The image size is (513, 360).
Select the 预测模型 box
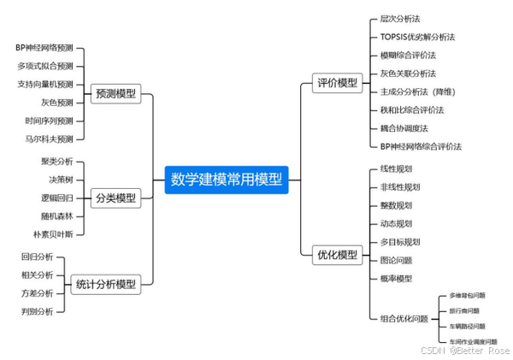116,94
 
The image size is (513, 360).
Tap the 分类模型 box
116,198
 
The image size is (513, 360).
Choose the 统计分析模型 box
106,284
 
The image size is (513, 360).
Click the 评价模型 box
337,83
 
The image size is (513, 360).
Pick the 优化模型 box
337,254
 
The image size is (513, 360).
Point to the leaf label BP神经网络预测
44,48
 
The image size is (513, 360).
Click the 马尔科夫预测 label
50,139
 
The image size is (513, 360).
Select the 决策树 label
61,179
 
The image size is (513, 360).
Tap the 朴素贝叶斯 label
53,233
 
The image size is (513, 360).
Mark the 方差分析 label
37,292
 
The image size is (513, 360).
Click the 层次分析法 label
400,18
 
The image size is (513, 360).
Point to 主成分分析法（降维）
416,91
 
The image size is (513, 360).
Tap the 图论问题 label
397,260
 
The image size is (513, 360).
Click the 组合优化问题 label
404,318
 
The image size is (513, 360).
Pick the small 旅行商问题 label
464,310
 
